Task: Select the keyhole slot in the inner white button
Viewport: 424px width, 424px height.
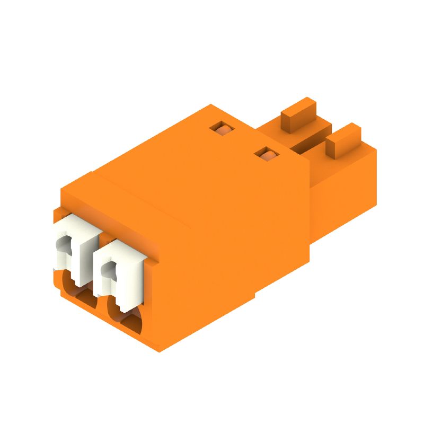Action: [x=110, y=270]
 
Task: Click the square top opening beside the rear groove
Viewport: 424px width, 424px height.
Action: [x=267, y=154]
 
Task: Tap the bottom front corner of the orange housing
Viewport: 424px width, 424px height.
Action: [x=159, y=347]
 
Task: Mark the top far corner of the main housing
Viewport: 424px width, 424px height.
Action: [x=211, y=106]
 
